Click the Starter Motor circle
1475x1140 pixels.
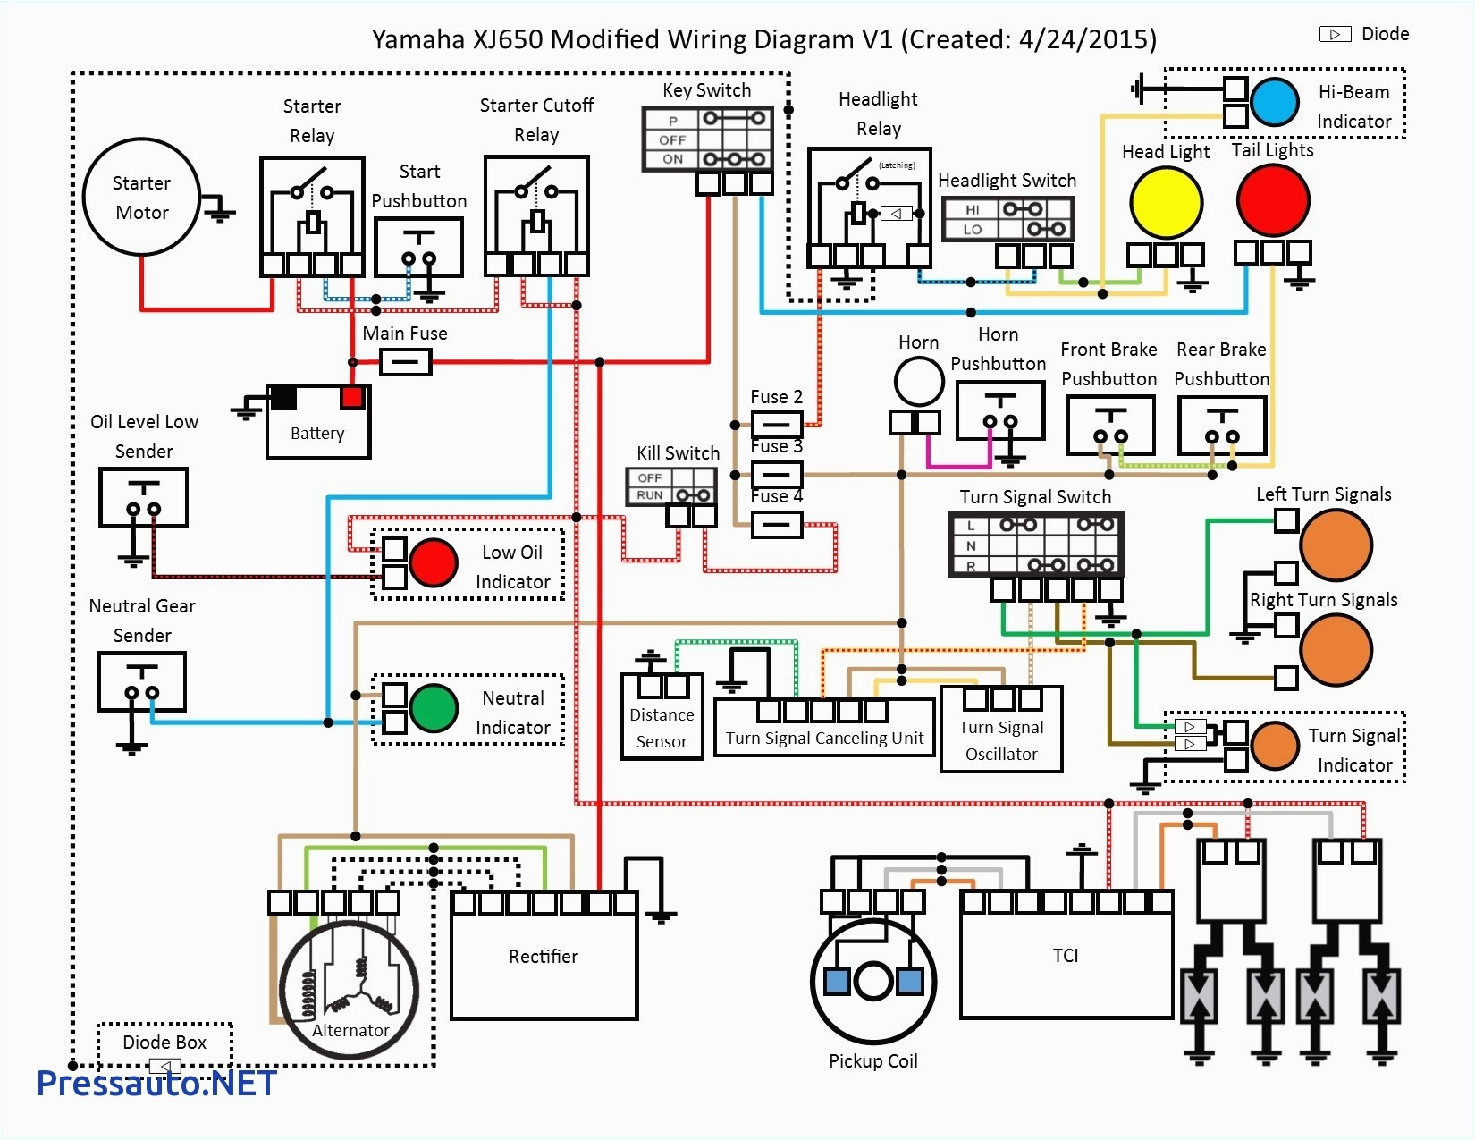(141, 197)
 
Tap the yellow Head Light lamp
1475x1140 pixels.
(1166, 202)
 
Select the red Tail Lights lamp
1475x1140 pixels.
(1273, 200)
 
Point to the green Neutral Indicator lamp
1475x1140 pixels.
(434, 708)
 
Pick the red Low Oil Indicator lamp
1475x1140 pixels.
(434, 562)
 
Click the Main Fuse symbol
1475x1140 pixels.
(406, 362)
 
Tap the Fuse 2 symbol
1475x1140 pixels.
(776, 424)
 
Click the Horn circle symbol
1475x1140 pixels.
(919, 382)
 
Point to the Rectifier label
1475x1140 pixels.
(543, 957)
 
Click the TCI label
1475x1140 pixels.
(1065, 955)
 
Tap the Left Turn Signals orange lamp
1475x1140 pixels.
(1336, 545)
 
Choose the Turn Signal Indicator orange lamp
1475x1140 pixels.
(1275, 746)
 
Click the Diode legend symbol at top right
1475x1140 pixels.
(1335, 34)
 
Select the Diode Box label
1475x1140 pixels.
(164, 1043)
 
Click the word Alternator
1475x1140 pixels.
(350, 1030)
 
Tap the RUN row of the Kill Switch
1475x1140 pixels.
(671, 495)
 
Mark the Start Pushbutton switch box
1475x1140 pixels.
(418, 248)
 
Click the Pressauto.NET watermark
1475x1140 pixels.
(156, 1084)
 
